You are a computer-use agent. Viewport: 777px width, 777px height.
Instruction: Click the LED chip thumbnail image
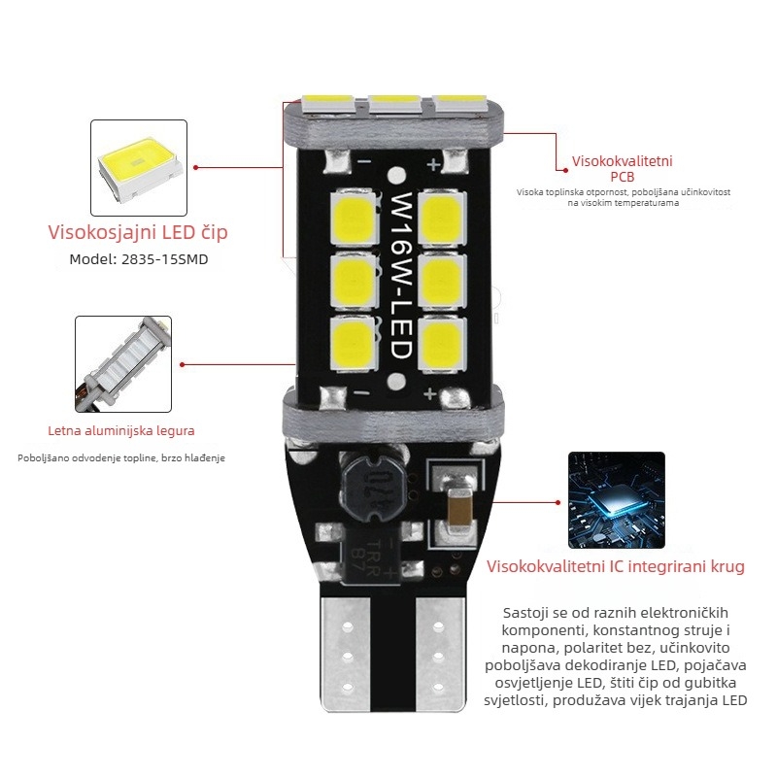point(138,167)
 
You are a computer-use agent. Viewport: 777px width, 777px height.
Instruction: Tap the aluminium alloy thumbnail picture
point(123,363)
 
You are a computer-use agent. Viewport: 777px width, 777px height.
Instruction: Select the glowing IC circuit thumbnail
point(616,500)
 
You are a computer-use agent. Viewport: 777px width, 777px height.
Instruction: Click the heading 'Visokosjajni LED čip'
point(138,233)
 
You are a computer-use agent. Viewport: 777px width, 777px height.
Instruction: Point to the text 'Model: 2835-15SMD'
point(138,260)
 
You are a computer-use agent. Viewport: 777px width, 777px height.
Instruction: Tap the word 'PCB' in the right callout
point(622,177)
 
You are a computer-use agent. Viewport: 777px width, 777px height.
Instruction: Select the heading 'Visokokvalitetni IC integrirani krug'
point(616,566)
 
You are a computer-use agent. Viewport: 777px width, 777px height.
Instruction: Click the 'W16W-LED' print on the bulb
point(402,277)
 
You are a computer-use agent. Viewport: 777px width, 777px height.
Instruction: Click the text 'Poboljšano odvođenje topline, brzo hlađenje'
point(121,457)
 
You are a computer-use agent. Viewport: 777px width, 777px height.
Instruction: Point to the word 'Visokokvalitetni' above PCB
point(622,161)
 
